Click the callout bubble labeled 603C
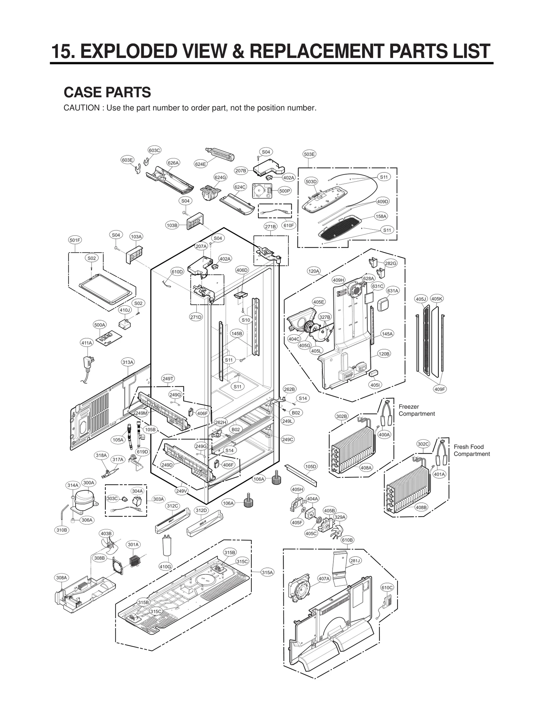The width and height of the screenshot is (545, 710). click(154, 150)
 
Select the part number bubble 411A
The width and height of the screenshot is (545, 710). click(87, 343)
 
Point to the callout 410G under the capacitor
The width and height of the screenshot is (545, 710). click(166, 567)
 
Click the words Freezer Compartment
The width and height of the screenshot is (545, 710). click(416, 410)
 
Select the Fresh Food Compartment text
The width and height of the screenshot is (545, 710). click(471, 450)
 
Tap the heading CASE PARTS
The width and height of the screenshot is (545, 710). click(107, 92)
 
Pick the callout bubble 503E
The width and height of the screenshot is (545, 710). click(309, 154)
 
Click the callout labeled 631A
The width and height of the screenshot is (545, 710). click(392, 291)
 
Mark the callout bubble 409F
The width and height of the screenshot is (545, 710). click(440, 389)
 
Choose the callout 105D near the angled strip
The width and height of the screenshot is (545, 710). click(310, 466)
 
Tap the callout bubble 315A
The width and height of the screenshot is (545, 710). click(267, 573)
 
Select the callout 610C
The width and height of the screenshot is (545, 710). click(387, 588)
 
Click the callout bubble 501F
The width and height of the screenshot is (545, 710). click(75, 240)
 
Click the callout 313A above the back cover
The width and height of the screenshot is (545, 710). click(128, 362)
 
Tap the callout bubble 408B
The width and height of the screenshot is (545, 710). click(421, 507)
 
